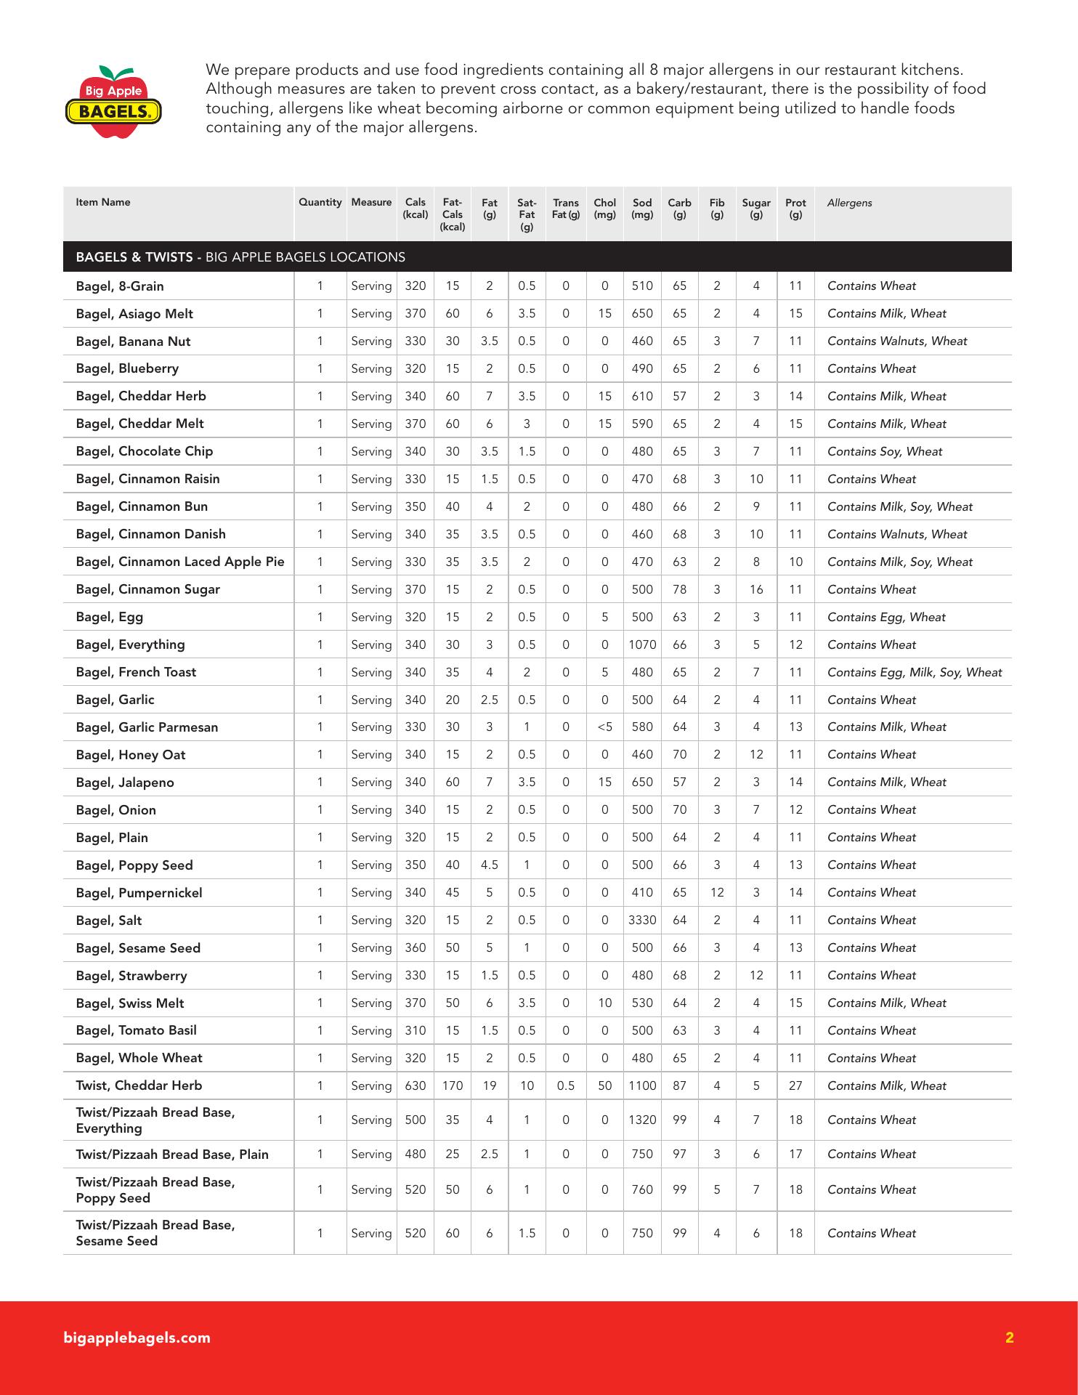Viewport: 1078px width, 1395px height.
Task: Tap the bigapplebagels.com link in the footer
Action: [137, 1338]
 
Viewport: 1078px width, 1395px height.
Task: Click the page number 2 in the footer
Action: [1009, 1338]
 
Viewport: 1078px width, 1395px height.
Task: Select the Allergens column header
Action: [849, 203]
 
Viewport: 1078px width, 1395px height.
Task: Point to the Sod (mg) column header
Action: [642, 209]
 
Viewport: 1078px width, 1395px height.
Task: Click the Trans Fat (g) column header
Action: [565, 209]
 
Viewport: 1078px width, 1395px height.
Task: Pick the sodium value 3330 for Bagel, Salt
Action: [642, 920]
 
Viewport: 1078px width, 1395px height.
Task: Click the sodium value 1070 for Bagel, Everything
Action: [642, 644]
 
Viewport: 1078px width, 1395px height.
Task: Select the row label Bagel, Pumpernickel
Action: [139, 893]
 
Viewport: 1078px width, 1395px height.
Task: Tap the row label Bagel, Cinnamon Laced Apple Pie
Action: [180, 562]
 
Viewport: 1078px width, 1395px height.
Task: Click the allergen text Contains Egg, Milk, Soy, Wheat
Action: [915, 672]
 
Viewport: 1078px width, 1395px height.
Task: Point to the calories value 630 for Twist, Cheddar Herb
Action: [416, 1085]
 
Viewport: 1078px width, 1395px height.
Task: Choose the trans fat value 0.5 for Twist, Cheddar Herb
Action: [565, 1085]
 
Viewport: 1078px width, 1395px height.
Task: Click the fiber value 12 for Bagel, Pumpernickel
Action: [717, 892]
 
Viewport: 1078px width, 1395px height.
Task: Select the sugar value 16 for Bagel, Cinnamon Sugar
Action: [756, 589]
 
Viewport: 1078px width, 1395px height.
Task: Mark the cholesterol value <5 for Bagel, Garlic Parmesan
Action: [604, 727]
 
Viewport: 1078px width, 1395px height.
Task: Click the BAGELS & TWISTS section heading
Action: [240, 257]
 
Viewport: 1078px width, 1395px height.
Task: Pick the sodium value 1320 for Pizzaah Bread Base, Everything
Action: [642, 1120]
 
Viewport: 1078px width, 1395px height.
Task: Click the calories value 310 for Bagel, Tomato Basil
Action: [416, 1030]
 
